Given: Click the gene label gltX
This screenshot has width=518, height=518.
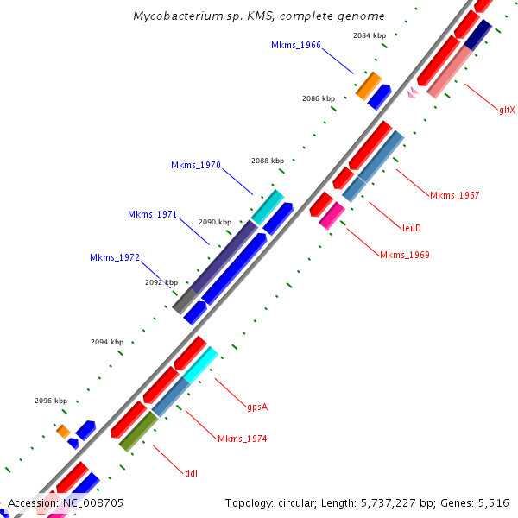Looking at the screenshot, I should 507,110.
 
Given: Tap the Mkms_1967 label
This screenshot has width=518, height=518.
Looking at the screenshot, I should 454,195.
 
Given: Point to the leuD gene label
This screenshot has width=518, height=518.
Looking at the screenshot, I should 412,229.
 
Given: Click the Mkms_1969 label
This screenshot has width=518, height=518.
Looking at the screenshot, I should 405,255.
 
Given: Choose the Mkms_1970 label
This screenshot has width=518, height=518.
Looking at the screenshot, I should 196,165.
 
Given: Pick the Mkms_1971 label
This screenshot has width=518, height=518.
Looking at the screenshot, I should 152,214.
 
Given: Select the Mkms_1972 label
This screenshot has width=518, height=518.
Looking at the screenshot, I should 115,257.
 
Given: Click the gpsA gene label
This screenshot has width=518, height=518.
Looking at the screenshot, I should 257,407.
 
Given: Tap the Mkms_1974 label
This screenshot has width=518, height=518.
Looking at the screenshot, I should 242,439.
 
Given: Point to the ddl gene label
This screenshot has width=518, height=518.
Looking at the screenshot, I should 191,472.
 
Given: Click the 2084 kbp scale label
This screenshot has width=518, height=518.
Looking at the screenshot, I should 370,35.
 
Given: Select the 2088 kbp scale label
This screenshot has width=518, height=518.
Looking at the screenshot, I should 268,161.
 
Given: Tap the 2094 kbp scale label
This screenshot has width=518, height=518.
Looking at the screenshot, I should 107,342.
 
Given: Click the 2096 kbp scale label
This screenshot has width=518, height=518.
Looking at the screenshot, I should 51,401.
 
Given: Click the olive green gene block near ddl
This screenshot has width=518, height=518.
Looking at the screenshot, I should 138,432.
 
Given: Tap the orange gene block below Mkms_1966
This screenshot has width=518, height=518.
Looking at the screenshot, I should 369,85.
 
